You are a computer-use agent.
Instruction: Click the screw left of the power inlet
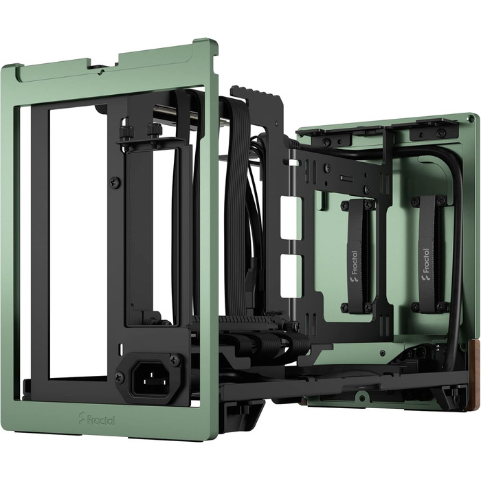tap(120, 377)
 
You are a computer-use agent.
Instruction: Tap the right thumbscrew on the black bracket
tap(151, 130)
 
